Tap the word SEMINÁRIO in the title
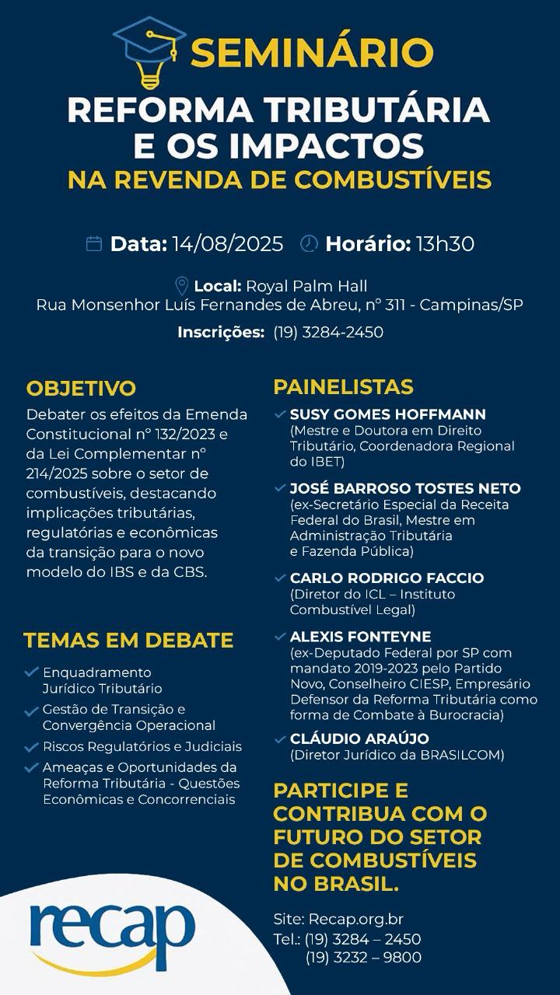pyautogui.click(x=311, y=54)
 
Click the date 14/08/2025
pyautogui.click(x=228, y=244)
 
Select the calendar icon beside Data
pyautogui.click(x=94, y=244)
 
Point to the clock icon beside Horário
pyautogui.click(x=309, y=243)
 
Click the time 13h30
pyautogui.click(x=444, y=244)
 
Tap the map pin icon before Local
pyautogui.click(x=182, y=285)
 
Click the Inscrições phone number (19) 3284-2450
pyautogui.click(x=327, y=333)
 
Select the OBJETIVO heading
pyautogui.click(x=81, y=388)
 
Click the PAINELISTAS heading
pyautogui.click(x=343, y=386)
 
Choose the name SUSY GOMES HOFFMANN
pyautogui.click(x=387, y=414)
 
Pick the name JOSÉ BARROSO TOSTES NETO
pyautogui.click(x=405, y=489)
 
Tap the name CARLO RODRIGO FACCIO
pyautogui.click(x=387, y=578)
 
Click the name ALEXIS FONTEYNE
pyautogui.click(x=360, y=637)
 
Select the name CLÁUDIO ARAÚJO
pyautogui.click(x=359, y=738)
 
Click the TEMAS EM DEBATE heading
pyautogui.click(x=128, y=641)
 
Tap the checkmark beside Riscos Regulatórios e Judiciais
pyautogui.click(x=31, y=747)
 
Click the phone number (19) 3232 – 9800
pyautogui.click(x=363, y=958)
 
